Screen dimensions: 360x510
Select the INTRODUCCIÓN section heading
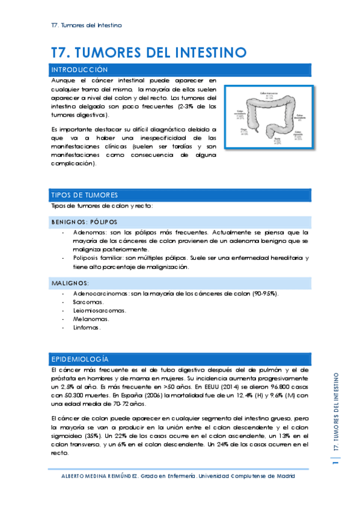[x=81, y=70]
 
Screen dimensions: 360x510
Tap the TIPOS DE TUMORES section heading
[x=85, y=195]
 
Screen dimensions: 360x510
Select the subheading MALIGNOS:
[x=70, y=282]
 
